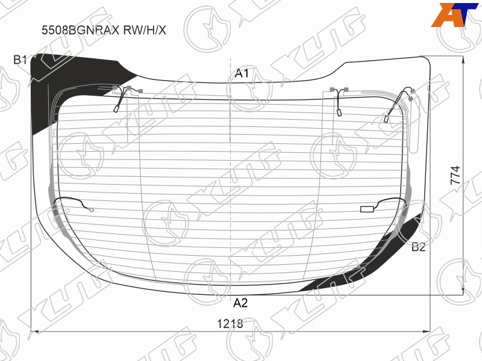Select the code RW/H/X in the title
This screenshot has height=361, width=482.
(145, 30)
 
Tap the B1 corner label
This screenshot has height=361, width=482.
(20, 60)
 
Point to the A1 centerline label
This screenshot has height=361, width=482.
(242, 73)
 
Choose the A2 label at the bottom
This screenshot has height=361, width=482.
(240, 303)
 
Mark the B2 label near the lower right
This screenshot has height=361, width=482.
(418, 247)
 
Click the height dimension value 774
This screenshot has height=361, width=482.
(455, 175)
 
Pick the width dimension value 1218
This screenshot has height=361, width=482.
(230, 324)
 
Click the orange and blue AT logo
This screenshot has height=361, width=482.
(454, 14)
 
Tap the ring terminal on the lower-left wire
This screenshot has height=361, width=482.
(91, 210)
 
